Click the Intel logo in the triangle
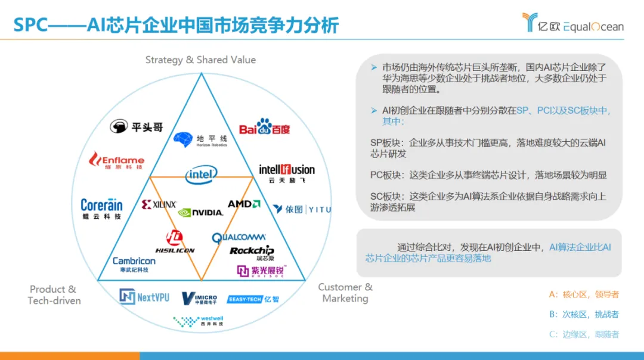coord(201,174)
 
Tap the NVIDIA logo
coord(200,212)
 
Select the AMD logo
coord(244,204)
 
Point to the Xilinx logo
coord(159,204)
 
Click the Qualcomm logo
coord(239,237)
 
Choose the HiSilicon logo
coord(175,241)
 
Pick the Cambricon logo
coord(134,264)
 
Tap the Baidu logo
coord(264,128)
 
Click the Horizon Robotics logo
coord(200,140)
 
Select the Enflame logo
coord(117,161)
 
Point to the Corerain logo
coord(101,208)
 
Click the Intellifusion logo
coord(287,173)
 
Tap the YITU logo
coord(302,209)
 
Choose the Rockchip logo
coord(252,252)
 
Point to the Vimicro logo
coord(199,297)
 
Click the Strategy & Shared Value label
coord(200,60)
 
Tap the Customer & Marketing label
coord(345,293)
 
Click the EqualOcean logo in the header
coord(572,23)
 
